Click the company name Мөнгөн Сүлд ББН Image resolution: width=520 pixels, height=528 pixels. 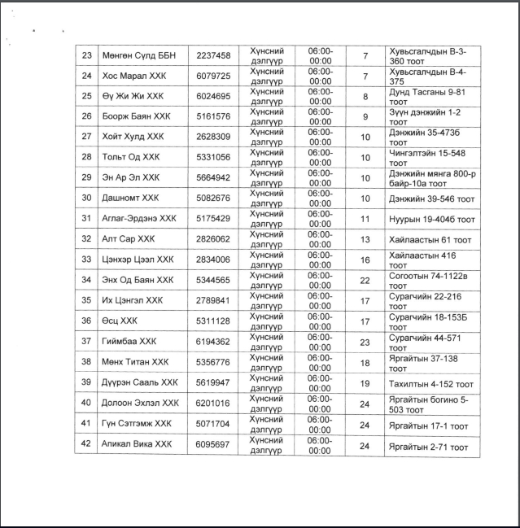[x=134, y=55]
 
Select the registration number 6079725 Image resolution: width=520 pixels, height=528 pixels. [x=213, y=76]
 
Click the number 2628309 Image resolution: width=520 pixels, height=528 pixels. [x=213, y=137]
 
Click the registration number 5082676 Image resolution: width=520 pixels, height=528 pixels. [x=213, y=198]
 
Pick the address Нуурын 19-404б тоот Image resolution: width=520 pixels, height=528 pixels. [x=431, y=219]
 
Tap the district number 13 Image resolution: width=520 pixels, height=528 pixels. [x=365, y=239]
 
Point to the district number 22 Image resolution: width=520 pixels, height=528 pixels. [x=365, y=280]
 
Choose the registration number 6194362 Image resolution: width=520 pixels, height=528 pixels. [x=213, y=342]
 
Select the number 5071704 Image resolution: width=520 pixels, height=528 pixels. [x=213, y=424]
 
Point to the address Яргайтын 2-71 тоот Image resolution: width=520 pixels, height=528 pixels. [x=429, y=446]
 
